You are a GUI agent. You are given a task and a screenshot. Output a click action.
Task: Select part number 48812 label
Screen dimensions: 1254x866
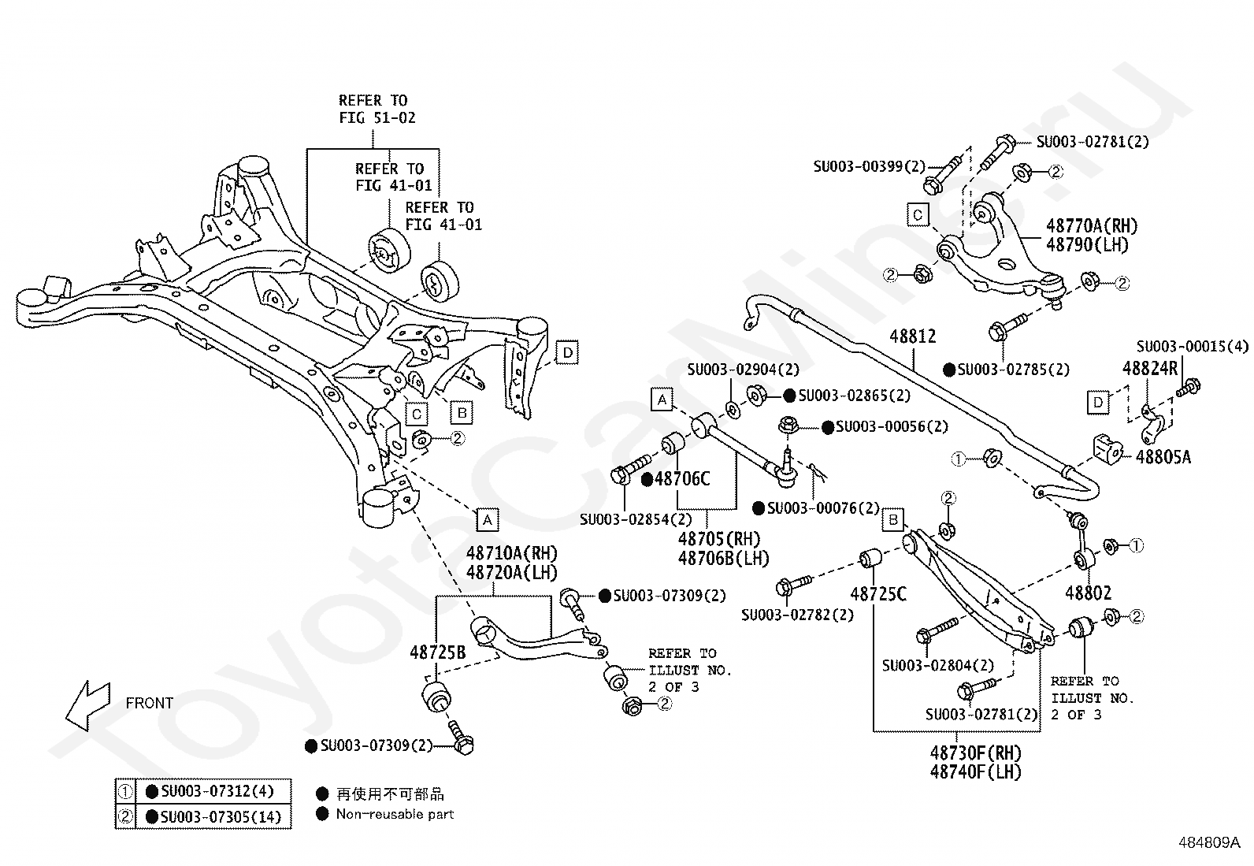912,336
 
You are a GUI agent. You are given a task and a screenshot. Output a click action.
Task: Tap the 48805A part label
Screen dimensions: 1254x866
1163,457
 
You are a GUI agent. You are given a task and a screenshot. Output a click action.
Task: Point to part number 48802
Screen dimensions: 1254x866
1089,593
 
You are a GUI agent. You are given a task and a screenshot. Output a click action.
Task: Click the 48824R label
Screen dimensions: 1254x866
1150,369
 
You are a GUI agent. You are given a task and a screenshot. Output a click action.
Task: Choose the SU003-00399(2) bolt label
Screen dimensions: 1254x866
870,166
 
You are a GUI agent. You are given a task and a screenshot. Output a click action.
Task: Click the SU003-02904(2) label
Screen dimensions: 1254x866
744,370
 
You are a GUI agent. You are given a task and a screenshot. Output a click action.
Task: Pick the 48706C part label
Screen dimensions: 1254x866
682,479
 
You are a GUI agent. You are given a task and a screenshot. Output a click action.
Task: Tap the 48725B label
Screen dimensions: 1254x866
438,652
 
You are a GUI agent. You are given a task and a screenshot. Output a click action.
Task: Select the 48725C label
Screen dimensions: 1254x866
878,594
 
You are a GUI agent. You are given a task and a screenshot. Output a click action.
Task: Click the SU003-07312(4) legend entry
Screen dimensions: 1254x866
217,791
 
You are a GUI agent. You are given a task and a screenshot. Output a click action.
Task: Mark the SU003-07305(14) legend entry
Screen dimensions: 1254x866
221,816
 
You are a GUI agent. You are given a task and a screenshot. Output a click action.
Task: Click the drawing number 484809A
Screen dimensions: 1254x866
1209,842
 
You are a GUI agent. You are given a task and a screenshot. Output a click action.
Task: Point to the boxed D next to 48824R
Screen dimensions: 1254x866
1098,402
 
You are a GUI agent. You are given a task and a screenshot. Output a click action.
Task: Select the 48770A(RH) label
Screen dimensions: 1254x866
1092,226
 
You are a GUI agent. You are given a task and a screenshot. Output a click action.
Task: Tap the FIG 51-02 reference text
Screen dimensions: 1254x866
377,117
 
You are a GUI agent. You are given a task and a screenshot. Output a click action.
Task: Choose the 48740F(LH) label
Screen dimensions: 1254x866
976,772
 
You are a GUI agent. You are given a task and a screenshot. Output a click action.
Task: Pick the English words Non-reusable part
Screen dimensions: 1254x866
395,814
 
